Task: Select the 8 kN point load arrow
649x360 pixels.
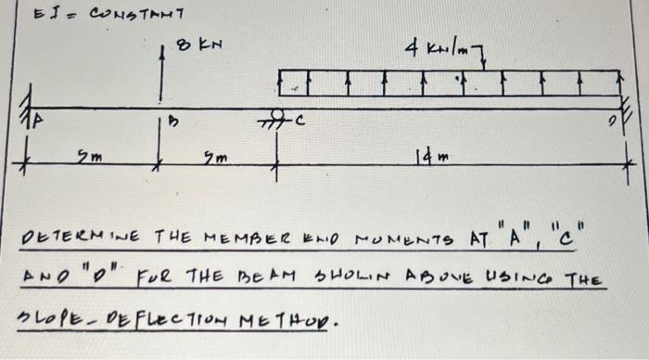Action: pos(162,74)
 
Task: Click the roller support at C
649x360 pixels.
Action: pos(275,118)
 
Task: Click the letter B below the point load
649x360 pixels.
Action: pos(172,122)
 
